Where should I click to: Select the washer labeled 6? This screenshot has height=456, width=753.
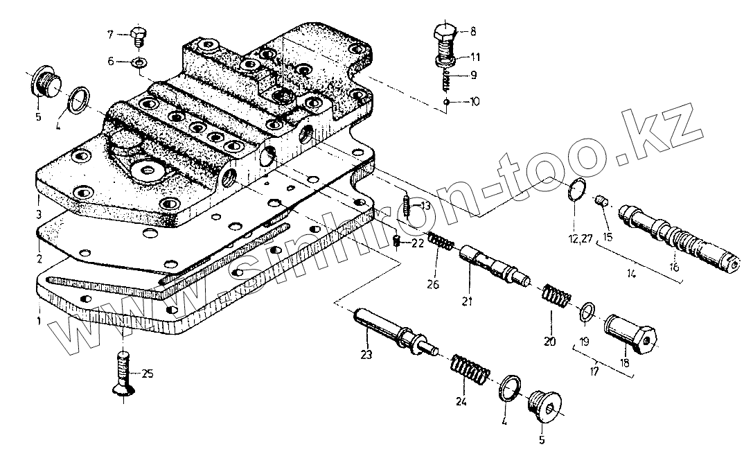point(139,63)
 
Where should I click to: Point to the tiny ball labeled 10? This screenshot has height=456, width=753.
point(448,102)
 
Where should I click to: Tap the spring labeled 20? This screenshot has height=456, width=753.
point(555,297)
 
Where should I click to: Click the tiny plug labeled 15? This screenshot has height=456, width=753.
point(602,202)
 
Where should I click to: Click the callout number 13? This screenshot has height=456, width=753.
point(425,206)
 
